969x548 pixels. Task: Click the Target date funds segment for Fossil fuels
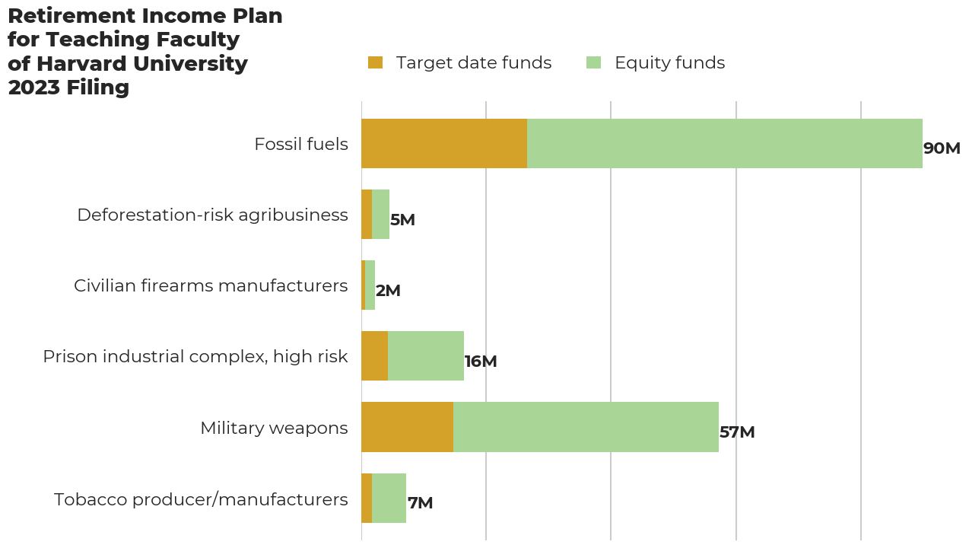pos(444,143)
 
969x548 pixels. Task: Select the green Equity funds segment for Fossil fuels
pos(724,143)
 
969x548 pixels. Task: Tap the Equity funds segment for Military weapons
pos(586,427)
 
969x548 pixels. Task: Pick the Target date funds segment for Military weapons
pos(407,427)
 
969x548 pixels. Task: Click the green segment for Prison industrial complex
pos(426,356)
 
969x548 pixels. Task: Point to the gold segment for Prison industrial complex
pos(374,356)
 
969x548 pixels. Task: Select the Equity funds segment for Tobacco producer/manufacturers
pos(389,498)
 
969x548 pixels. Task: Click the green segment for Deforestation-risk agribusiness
pos(380,215)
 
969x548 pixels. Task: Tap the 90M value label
pos(942,148)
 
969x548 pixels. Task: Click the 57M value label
pos(737,432)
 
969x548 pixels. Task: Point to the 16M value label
pos(481,362)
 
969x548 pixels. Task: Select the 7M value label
pos(420,503)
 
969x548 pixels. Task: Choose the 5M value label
pos(402,220)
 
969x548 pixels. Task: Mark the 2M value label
pos(388,291)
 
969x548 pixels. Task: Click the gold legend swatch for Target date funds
pos(375,62)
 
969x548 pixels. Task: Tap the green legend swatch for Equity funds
pos(593,62)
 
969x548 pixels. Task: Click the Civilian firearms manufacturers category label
pos(211,285)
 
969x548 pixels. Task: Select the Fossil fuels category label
pos(301,144)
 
